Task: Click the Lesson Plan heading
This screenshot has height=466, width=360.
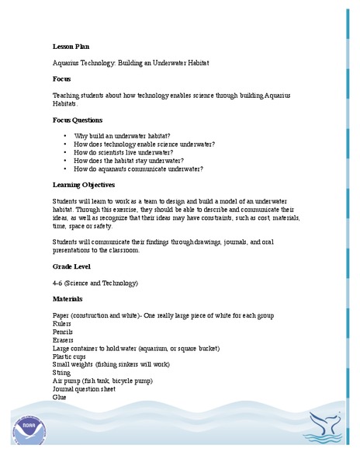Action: tap(71, 47)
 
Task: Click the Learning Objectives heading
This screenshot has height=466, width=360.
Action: tap(84, 184)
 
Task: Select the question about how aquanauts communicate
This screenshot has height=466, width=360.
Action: tap(138, 169)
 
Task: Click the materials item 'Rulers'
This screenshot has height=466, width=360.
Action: tap(63, 324)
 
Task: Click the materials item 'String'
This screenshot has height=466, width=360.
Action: tap(61, 372)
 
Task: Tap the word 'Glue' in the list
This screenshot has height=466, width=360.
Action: tap(60, 397)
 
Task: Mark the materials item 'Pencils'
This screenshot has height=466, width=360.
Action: tap(64, 332)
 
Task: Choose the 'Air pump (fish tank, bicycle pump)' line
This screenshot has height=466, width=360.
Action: tap(102, 381)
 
